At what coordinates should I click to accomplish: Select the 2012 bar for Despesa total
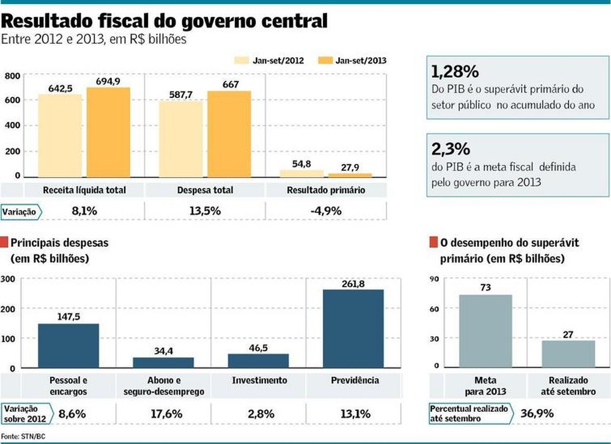click(x=181, y=138)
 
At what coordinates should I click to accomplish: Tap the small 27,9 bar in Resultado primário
click(x=350, y=174)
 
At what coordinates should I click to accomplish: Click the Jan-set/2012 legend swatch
click(x=242, y=61)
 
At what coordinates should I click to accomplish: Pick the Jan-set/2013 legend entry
click(x=352, y=61)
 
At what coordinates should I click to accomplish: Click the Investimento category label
click(x=259, y=380)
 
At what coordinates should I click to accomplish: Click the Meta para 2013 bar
click(x=485, y=331)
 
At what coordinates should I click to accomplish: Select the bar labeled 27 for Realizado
click(x=568, y=353)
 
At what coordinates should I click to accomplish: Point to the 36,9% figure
click(x=537, y=413)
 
